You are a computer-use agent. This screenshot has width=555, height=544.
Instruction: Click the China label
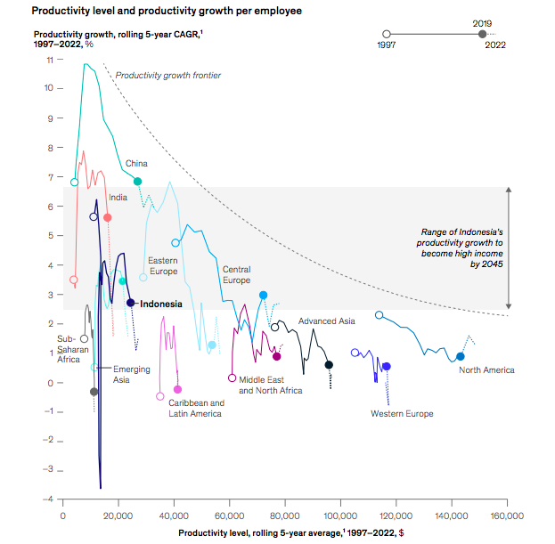(x=136, y=163)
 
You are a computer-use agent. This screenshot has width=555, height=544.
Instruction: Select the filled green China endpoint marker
(x=137, y=182)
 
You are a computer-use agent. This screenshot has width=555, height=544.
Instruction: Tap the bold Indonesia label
(x=161, y=304)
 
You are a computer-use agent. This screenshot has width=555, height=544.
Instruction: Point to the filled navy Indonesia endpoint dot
(x=131, y=303)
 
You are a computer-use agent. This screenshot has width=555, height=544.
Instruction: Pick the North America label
(x=486, y=369)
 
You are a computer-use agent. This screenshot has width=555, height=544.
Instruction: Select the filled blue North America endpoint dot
(x=461, y=356)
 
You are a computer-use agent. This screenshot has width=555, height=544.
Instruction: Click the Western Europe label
(x=402, y=413)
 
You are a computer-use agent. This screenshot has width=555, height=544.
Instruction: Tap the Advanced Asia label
(x=327, y=321)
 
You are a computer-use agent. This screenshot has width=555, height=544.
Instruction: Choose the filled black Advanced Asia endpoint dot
(x=329, y=365)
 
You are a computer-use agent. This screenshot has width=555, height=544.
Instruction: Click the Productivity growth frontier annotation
(x=168, y=76)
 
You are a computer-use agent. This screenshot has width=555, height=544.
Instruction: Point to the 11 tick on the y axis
(x=49, y=60)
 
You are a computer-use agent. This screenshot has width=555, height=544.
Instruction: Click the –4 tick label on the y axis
(x=47, y=499)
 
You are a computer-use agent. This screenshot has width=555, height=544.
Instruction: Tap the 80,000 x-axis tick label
(x=284, y=516)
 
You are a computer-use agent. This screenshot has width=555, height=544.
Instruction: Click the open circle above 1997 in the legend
(x=386, y=33)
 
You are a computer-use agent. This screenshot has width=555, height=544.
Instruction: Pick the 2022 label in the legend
(x=495, y=45)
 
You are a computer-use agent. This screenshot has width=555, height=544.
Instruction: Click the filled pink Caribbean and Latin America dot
(x=177, y=389)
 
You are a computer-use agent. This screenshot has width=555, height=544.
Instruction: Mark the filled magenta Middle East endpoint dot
(x=277, y=356)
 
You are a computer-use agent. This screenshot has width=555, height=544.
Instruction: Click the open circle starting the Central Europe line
(x=175, y=243)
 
